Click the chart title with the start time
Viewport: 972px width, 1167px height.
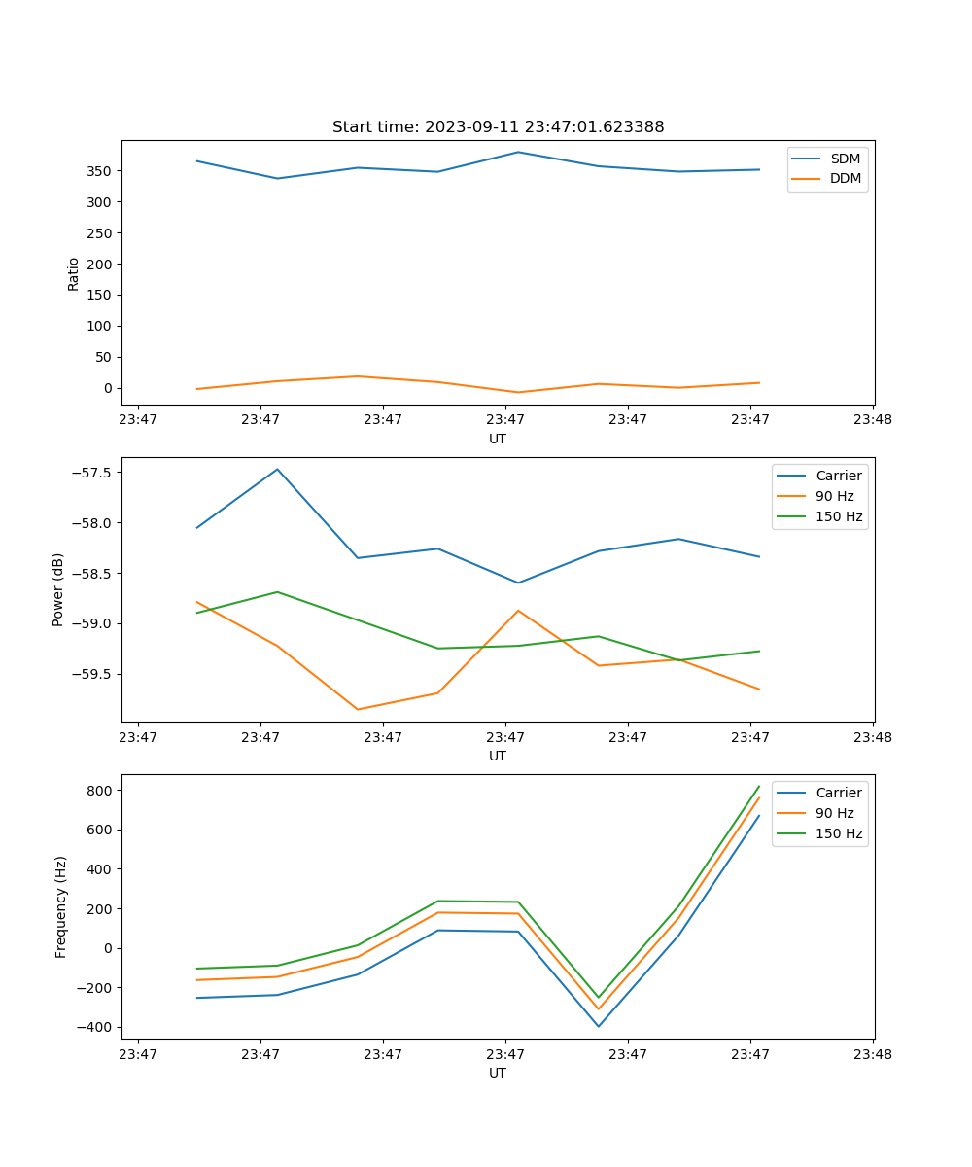tap(498, 127)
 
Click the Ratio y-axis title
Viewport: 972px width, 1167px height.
tap(74, 273)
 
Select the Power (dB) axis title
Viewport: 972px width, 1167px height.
tap(58, 589)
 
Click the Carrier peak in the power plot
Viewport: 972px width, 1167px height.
tap(277, 469)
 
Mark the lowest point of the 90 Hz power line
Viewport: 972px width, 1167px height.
tap(358, 709)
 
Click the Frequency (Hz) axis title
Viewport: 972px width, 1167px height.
tap(61, 906)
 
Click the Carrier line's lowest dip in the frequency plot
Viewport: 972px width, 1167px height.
tap(599, 1026)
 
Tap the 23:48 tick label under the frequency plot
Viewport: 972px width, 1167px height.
tap(872, 1053)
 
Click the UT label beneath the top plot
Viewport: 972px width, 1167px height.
tap(498, 439)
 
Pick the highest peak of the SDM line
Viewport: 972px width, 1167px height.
tap(518, 152)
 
